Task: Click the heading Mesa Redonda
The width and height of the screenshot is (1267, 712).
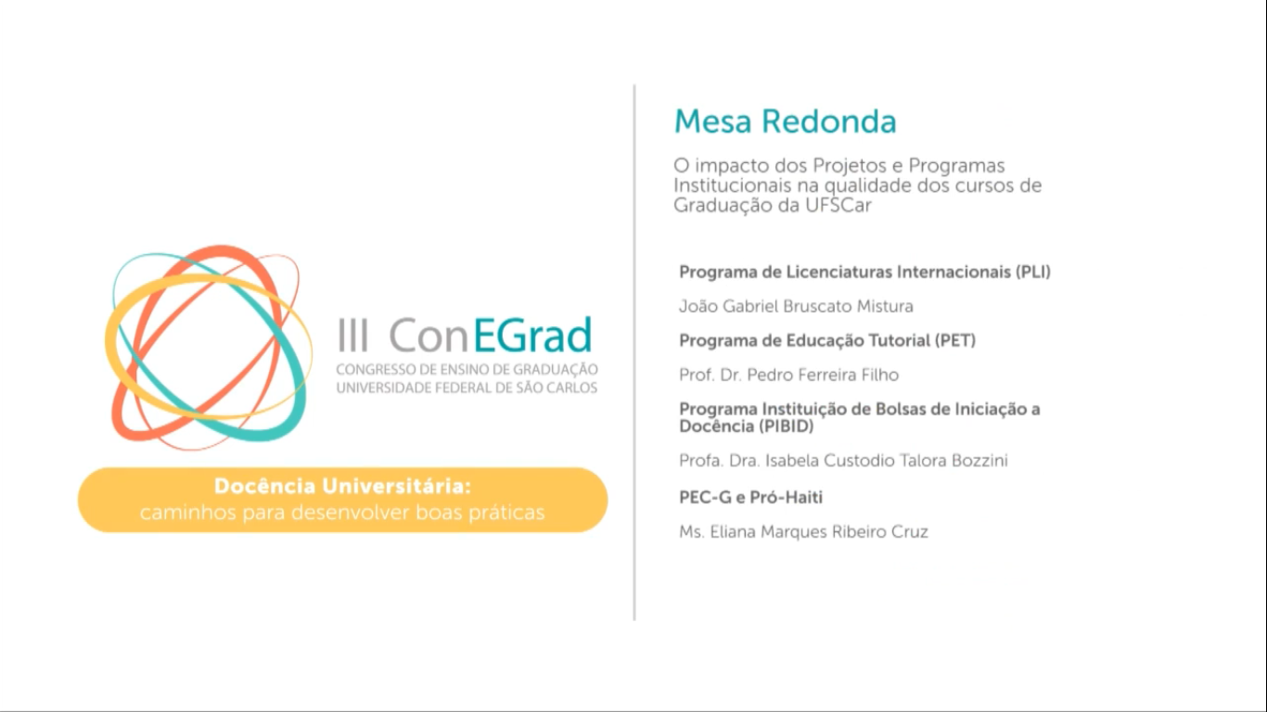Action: pos(785,121)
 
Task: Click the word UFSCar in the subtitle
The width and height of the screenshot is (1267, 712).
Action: pos(838,205)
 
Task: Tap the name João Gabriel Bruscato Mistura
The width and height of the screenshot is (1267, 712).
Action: pos(797,307)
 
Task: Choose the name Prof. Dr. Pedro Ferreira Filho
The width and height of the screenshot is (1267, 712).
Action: pos(789,375)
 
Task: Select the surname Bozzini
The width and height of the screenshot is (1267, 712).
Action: pos(979,461)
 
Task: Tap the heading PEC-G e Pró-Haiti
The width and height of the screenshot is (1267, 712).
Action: pos(750,497)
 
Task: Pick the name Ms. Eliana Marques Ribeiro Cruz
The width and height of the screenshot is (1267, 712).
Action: pos(804,531)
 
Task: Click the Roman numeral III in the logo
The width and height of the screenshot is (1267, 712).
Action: pos(353,336)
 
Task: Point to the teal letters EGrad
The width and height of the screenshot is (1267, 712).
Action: pos(532,335)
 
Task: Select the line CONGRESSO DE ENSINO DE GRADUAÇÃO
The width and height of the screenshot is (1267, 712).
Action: pos(467,369)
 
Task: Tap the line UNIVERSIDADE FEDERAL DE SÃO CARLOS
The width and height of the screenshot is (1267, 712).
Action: pos(467,388)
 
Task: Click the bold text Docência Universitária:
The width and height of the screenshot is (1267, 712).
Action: pos(343,487)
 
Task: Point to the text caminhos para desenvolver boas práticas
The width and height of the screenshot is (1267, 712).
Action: pos(343,513)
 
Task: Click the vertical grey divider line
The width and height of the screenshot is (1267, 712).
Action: pos(634,353)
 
